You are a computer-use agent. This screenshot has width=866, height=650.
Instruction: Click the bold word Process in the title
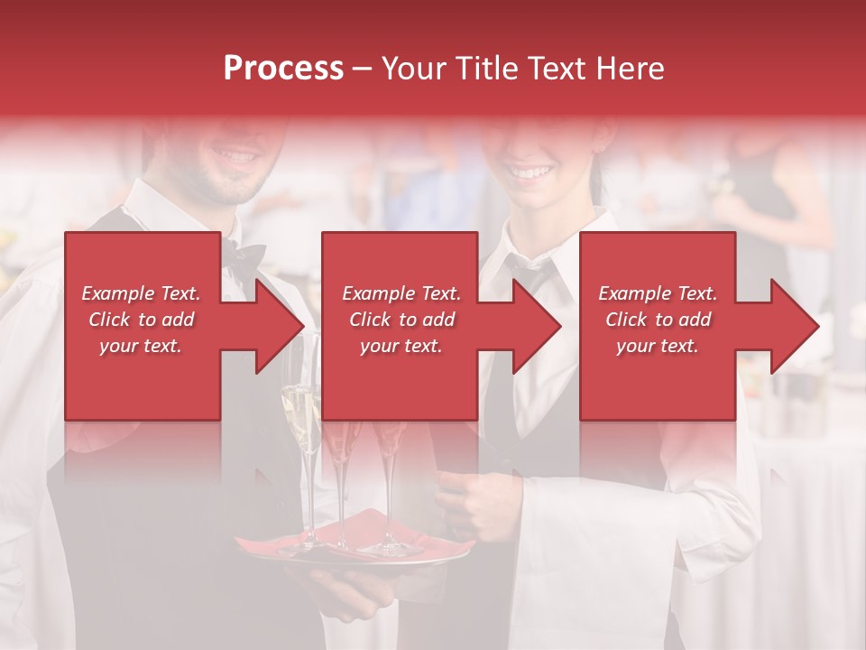(x=283, y=69)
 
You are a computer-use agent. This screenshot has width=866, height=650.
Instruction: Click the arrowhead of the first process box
(x=280, y=326)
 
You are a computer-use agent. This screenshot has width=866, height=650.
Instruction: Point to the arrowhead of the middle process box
(x=537, y=326)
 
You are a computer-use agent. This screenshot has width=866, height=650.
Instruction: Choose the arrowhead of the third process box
(x=795, y=326)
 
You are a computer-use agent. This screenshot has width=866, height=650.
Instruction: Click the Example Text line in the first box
(x=141, y=293)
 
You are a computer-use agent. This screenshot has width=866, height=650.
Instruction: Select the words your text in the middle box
(x=401, y=346)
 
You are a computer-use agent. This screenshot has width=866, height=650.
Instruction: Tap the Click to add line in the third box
(x=658, y=320)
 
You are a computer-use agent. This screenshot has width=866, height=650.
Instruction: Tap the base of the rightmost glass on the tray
(x=391, y=547)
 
